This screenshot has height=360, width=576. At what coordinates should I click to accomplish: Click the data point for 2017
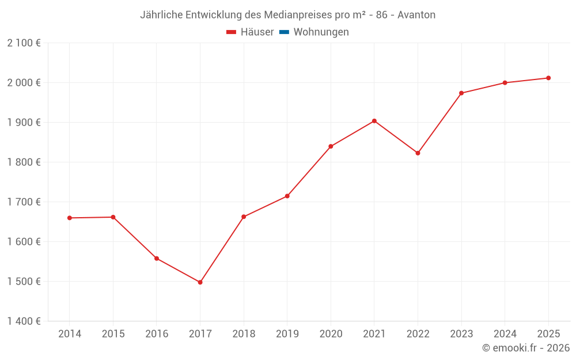[200, 282]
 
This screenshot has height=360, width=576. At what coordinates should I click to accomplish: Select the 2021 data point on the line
[374, 121]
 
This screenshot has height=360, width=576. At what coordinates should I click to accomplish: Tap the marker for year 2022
[418, 153]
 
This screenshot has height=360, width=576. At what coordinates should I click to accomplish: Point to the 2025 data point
[548, 78]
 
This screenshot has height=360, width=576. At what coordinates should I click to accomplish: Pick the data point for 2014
[69, 218]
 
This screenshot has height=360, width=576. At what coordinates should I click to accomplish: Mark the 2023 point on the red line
[461, 93]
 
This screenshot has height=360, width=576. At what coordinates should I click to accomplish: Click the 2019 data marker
[287, 196]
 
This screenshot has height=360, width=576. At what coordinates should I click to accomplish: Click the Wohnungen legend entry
[321, 32]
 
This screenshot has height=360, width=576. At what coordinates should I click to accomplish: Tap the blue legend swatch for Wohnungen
[284, 32]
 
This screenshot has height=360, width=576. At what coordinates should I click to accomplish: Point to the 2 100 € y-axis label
[24, 43]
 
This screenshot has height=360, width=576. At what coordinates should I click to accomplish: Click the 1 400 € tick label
[24, 321]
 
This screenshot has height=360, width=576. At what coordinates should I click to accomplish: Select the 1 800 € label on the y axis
[24, 162]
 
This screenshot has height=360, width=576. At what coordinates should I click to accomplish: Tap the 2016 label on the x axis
[157, 334]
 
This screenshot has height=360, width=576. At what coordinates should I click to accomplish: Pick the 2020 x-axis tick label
[331, 334]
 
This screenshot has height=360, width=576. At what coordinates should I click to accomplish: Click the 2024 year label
[505, 334]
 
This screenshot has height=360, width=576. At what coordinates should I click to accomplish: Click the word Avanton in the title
[416, 15]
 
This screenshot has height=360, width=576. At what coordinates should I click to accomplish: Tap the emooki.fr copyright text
[526, 348]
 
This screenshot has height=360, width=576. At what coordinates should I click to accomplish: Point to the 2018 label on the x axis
[244, 334]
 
